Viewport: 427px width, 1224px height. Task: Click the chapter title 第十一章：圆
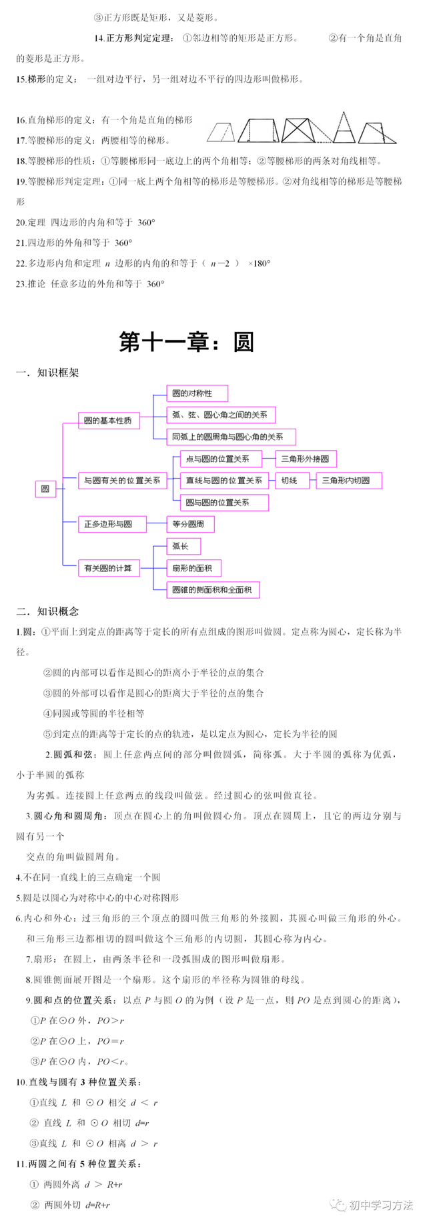click(187, 342)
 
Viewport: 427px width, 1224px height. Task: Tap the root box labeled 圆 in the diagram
click(45, 489)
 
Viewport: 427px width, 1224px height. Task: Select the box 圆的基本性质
click(109, 421)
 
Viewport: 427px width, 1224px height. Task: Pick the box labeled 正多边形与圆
click(109, 524)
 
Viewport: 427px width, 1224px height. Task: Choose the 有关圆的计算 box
click(109, 569)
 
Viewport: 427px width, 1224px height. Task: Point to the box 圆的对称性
click(197, 393)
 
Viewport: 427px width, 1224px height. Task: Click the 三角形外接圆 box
click(306, 459)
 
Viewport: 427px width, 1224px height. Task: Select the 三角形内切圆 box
click(349, 480)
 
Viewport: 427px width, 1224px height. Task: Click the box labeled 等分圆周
click(190, 524)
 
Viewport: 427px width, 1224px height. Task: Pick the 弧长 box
click(183, 547)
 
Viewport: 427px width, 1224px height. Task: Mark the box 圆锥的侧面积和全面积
click(213, 590)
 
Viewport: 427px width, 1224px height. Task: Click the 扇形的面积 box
click(193, 568)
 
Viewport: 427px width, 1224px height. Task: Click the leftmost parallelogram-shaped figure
click(222, 132)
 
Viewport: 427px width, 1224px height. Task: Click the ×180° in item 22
click(260, 263)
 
